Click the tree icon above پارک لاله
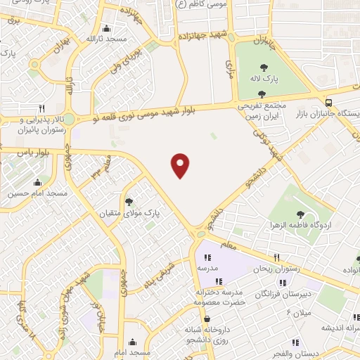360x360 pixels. point(264,67)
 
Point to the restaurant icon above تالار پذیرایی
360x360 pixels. point(41,108)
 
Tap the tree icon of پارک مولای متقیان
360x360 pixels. point(129,202)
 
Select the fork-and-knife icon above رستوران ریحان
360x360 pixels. point(276,257)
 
